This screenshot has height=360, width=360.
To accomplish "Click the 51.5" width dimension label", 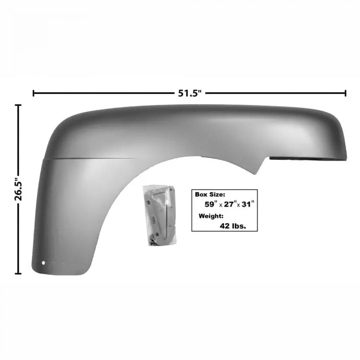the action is click(x=190, y=93).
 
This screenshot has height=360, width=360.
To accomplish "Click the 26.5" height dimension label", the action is click(x=18, y=189).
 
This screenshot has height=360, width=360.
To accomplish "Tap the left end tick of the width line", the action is click(x=34, y=93).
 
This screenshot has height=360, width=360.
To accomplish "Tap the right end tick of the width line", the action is click(x=345, y=93).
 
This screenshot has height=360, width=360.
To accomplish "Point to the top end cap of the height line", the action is click(x=18, y=105).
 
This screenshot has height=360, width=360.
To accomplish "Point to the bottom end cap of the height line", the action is click(x=18, y=274).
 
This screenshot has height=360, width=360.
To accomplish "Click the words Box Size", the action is click(x=210, y=194).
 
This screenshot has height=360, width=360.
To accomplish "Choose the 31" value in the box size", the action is click(x=248, y=204).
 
